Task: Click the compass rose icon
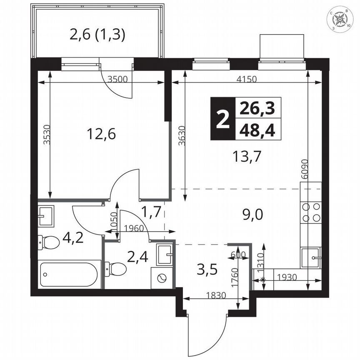tap(341, 19)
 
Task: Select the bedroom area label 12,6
tap(101, 134)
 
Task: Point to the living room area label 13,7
tap(247, 157)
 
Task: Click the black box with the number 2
tap(222, 118)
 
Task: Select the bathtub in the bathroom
tap(70, 274)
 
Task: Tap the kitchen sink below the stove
tap(311, 257)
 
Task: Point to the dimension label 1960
tap(134, 228)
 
